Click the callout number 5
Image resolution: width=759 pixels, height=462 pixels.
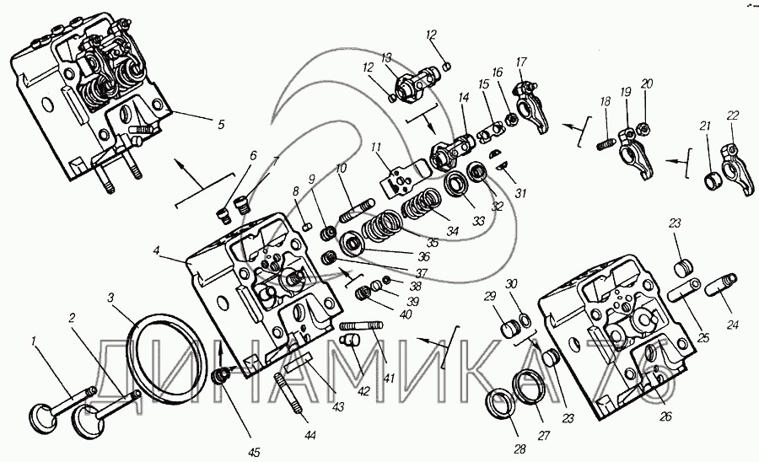(220, 125)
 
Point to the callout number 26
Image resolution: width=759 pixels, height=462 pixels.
(665, 416)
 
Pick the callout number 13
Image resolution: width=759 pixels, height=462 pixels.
(387, 58)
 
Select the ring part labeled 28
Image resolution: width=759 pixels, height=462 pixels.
(503, 408)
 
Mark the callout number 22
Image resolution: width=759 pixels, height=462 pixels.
(733, 115)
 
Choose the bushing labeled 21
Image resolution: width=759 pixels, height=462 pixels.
(713, 179)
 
